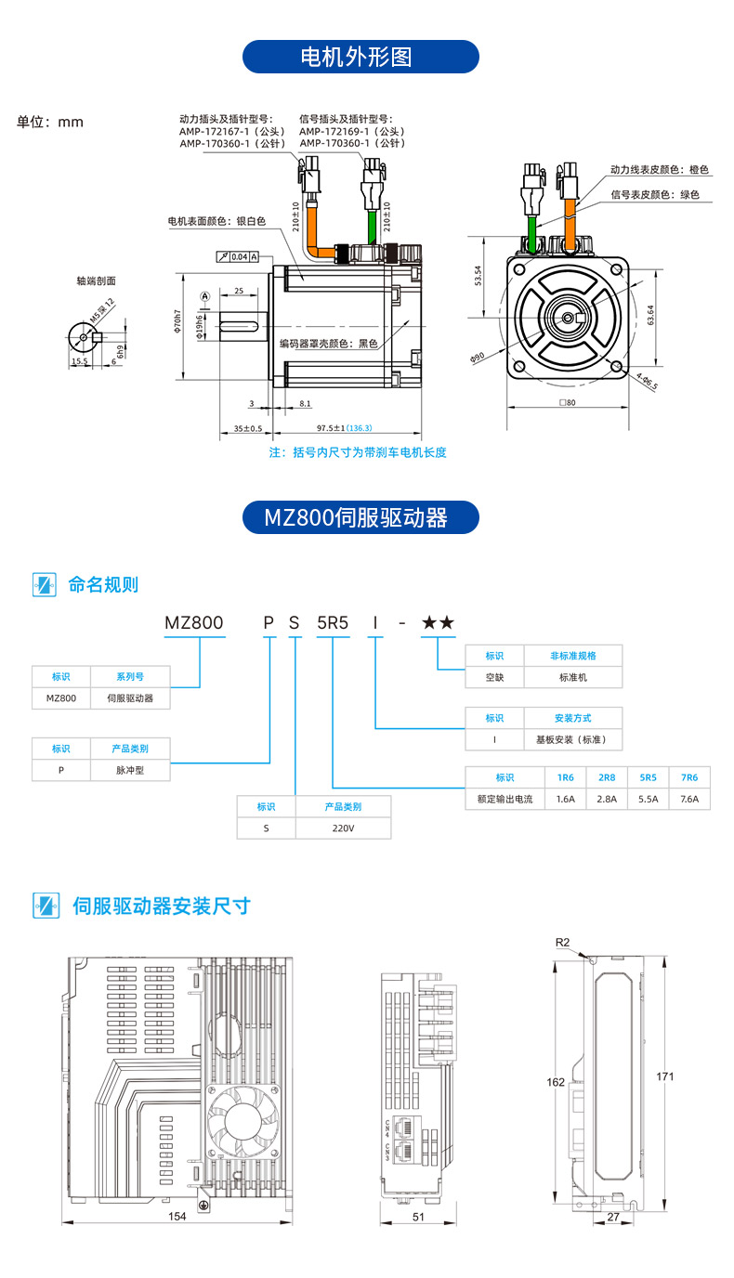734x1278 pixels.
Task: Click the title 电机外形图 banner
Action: tap(360, 57)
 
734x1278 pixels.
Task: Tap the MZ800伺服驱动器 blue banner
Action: tap(360, 517)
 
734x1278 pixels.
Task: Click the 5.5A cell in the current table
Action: tap(648, 798)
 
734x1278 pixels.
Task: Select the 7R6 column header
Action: tap(688, 777)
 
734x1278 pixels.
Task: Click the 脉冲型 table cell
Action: tap(130, 770)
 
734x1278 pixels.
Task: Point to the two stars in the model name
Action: tap(438, 623)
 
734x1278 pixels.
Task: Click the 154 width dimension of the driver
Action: tap(177, 1216)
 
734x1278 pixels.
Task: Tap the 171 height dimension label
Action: tap(665, 1076)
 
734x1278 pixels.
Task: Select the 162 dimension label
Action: tap(556, 1082)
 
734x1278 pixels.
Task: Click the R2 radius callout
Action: tap(562, 942)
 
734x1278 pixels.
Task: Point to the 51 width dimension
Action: tap(418, 1216)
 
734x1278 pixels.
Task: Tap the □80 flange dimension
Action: tap(568, 403)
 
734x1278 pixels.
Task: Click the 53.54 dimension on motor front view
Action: tap(478, 277)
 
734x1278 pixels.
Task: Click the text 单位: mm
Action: tap(50, 122)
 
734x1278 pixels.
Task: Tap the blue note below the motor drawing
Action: tap(358, 452)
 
